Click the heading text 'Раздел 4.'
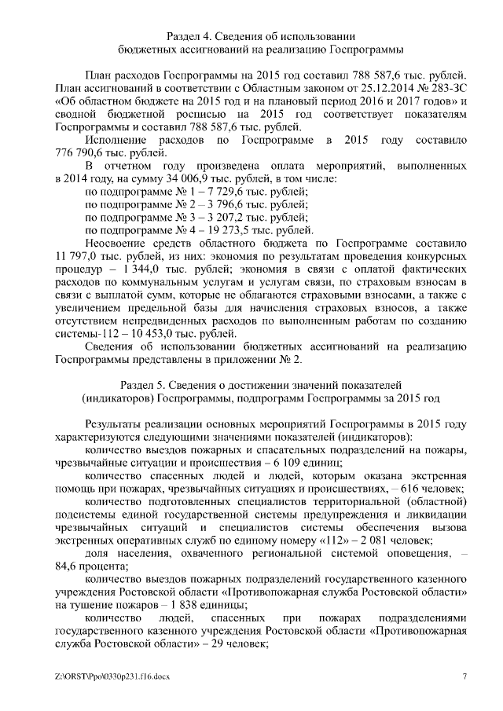click(x=193, y=36)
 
